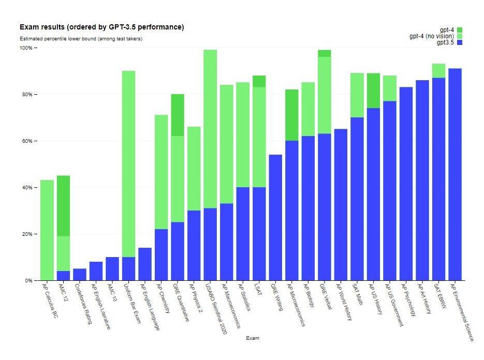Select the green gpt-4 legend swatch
click(x=459, y=30)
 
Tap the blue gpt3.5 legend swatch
click(x=459, y=42)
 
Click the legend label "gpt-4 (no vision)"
click(x=431, y=36)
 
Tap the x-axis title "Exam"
click(x=253, y=338)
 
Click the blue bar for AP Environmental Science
click(x=455, y=174)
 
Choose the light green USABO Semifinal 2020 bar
click(x=210, y=129)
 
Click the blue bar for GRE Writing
click(x=275, y=217)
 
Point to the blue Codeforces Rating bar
click(x=80, y=275)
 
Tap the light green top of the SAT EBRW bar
click(x=438, y=70)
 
